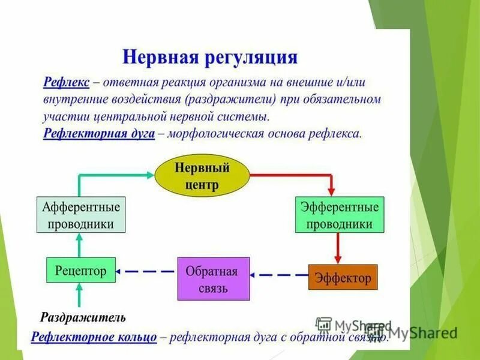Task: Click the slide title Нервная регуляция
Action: (210, 57)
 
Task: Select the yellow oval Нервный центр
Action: (202, 174)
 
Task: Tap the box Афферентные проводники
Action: (80, 215)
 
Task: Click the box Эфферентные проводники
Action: (340, 215)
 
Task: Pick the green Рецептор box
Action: (80, 271)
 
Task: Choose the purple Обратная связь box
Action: (213, 278)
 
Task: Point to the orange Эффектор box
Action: (343, 277)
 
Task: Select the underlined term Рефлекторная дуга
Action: (99, 133)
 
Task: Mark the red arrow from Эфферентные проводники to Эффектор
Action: (338, 248)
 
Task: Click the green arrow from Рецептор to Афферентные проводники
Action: (80, 245)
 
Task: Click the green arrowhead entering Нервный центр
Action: (149, 175)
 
